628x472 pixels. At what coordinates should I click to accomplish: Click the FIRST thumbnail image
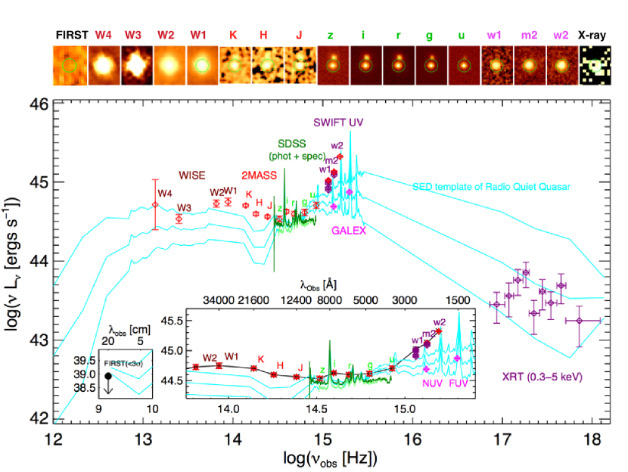point(70,67)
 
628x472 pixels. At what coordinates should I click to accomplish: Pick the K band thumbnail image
point(234,67)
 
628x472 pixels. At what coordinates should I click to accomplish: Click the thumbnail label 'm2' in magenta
point(528,36)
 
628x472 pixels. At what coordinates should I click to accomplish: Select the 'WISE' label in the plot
point(191,175)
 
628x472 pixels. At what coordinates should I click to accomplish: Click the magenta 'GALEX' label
point(348,231)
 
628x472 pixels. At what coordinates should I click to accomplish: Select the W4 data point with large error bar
point(155,204)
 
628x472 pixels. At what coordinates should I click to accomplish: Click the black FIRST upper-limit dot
point(108,375)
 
